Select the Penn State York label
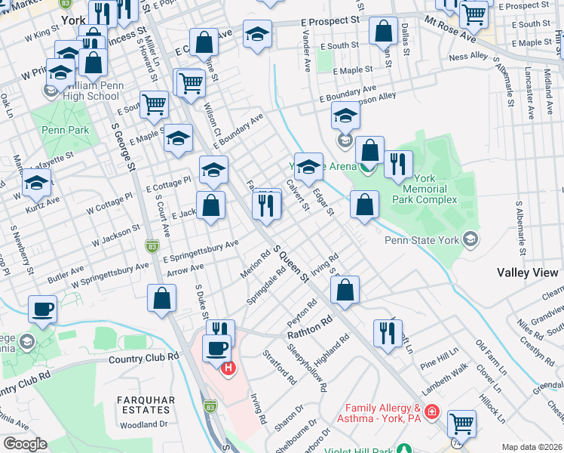click(x=422, y=241)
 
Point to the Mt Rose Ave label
click(x=450, y=28)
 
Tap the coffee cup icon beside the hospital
click(x=216, y=348)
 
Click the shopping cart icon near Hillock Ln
click(x=461, y=422)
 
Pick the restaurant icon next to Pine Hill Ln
click(x=388, y=332)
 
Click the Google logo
click(x=25, y=444)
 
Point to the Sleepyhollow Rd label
click(x=307, y=368)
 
